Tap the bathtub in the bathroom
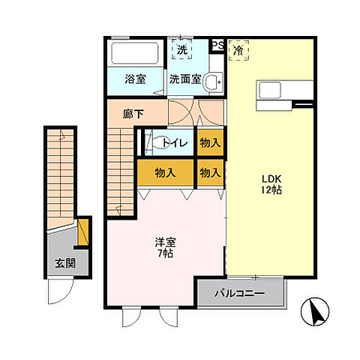(x=134, y=55)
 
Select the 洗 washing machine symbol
(x=182, y=50)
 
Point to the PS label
(x=217, y=46)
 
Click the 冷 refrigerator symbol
(x=238, y=51)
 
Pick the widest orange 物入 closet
(x=165, y=172)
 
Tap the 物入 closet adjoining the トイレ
(x=210, y=141)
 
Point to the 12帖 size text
(x=271, y=192)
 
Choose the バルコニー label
(x=239, y=292)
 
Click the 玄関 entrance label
(x=64, y=263)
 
